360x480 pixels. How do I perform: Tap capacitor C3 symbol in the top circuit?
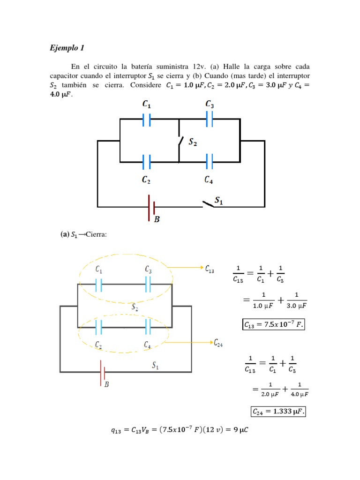point(209,119)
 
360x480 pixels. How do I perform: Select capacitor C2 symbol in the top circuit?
point(147,162)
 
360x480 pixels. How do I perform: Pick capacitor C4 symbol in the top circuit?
point(209,162)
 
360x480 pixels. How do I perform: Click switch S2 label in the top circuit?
point(193,143)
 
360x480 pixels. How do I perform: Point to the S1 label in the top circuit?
point(218,201)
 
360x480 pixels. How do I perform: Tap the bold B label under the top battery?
point(157,218)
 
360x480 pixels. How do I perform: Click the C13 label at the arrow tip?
point(210,269)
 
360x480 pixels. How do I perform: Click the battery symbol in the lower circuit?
point(102,373)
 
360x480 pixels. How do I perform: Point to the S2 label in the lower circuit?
point(135,307)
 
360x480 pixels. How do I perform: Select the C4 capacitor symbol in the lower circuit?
point(148,327)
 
